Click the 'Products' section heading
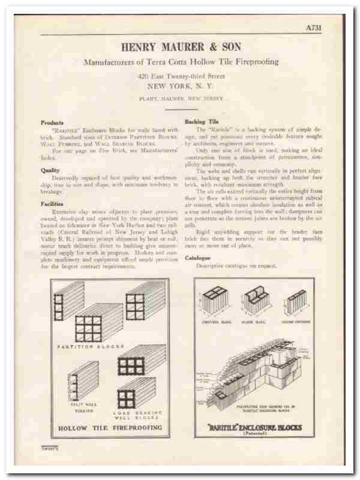[52, 122]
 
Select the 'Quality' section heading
[50, 170]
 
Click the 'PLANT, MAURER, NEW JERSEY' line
[181, 98]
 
